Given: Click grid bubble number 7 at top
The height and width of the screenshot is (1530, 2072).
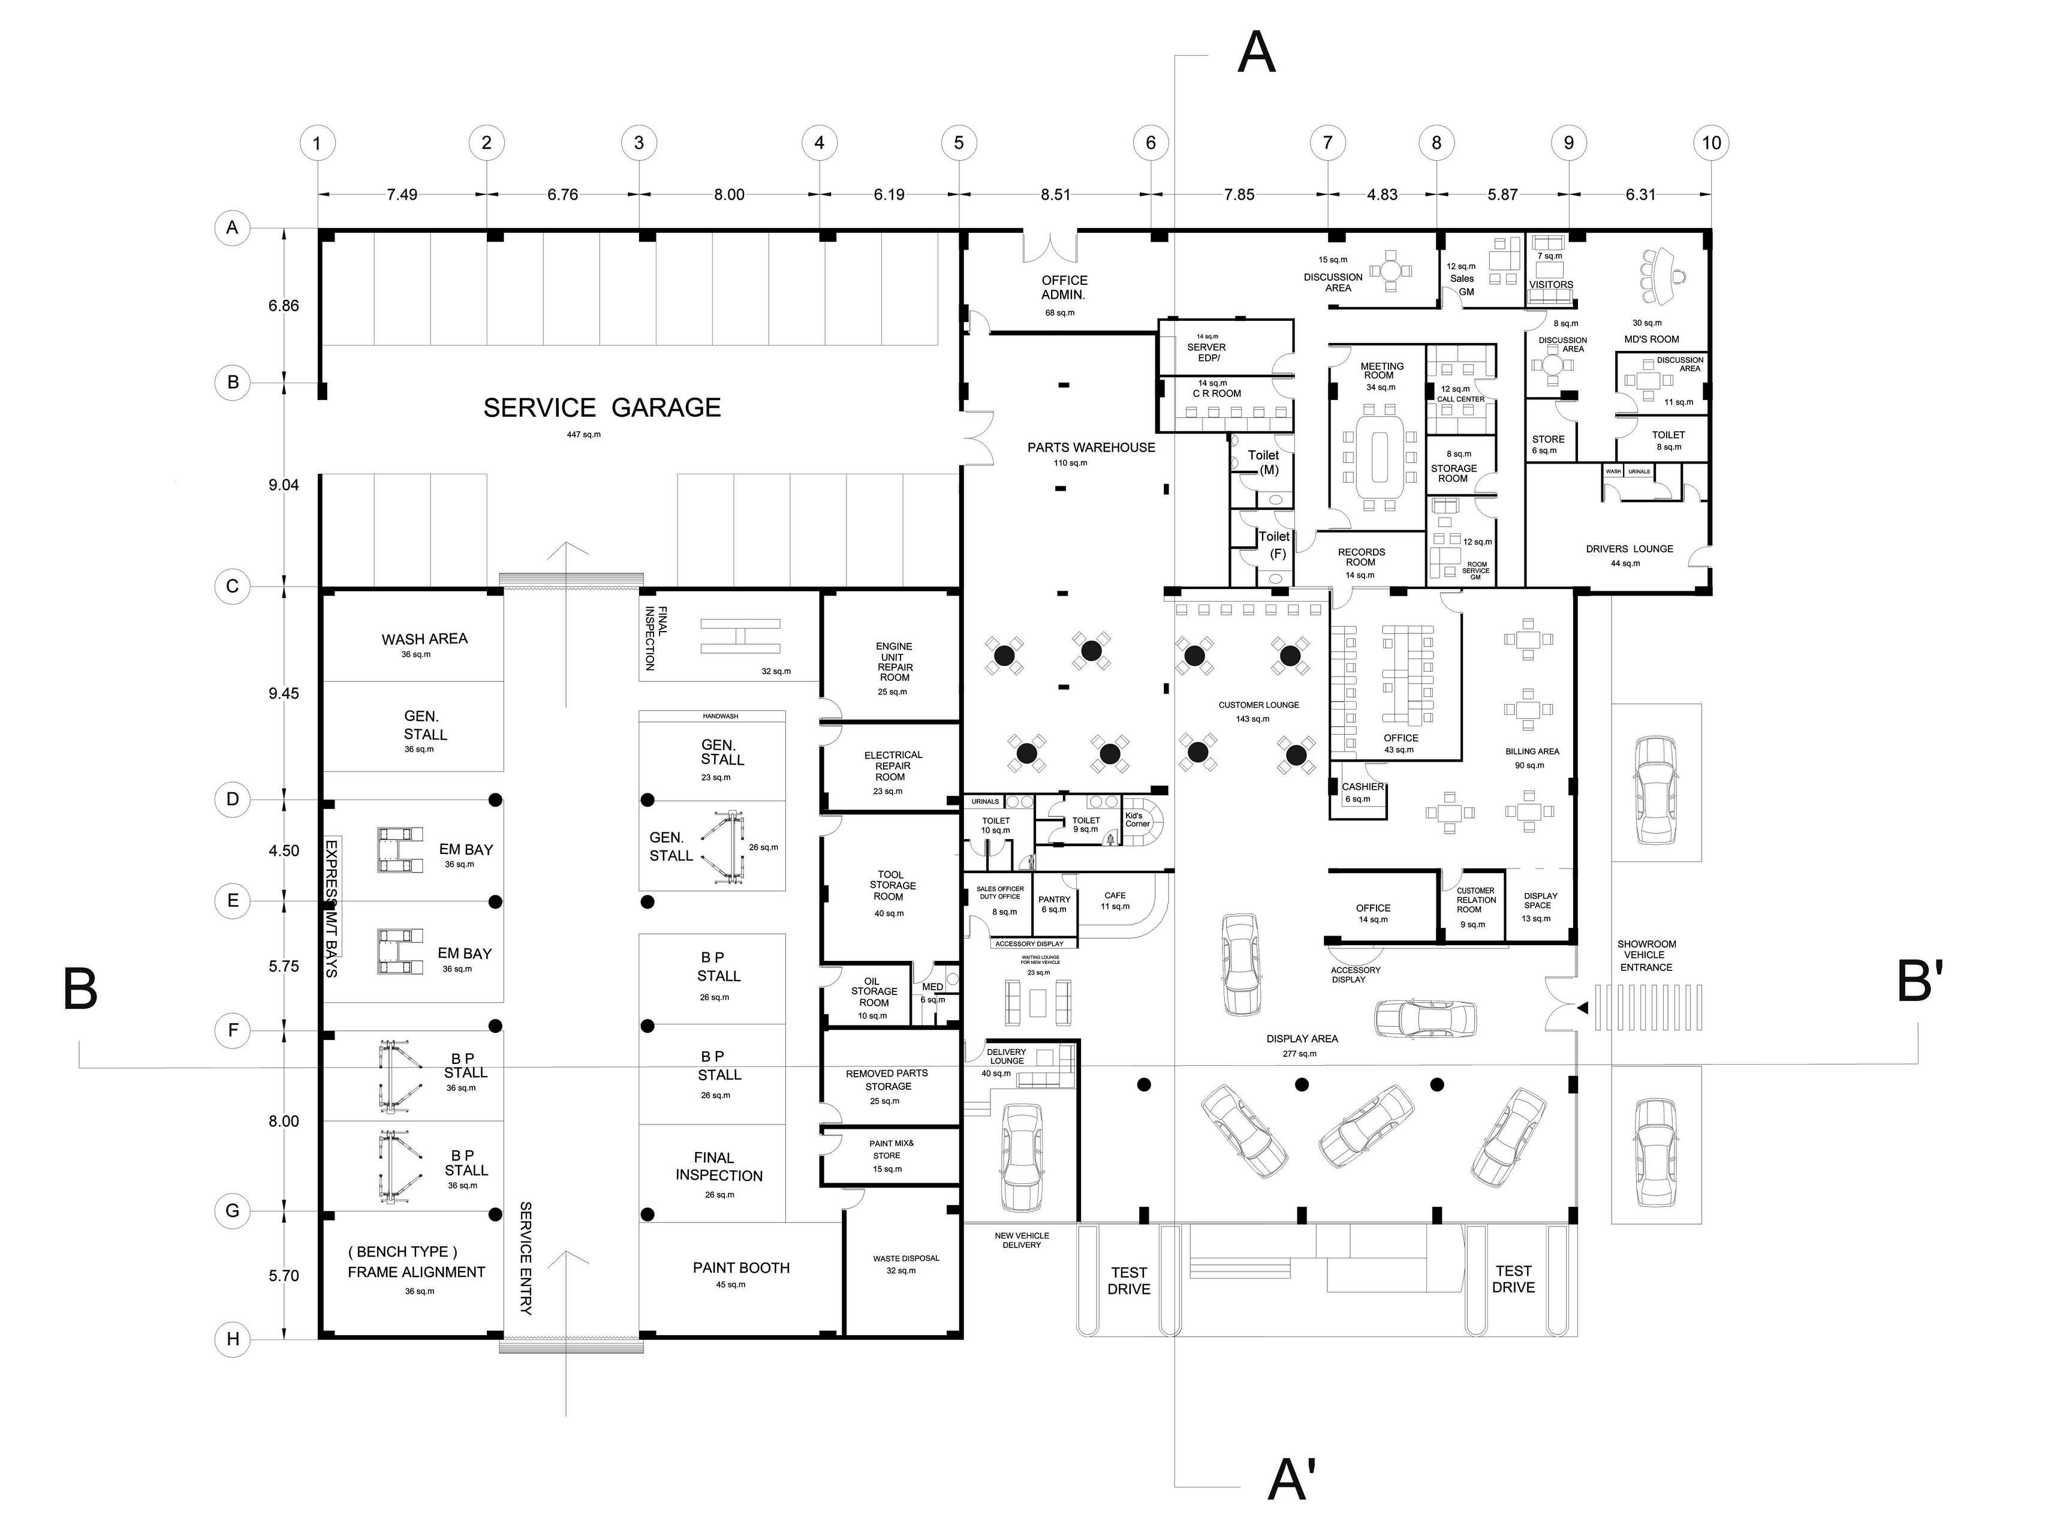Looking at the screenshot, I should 1327,143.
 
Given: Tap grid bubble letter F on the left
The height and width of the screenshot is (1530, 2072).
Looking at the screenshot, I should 233,1030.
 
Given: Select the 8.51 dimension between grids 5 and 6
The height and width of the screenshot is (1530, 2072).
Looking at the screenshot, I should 1055,194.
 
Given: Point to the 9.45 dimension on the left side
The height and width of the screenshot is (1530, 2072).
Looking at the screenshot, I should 284,694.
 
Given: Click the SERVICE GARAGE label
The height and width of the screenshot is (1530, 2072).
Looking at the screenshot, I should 602,407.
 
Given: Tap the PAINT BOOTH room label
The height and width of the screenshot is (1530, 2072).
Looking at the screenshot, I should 740,1268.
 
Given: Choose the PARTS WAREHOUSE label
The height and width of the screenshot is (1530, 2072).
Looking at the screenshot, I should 1091,447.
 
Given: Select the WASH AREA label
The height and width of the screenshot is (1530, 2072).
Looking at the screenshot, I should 424,639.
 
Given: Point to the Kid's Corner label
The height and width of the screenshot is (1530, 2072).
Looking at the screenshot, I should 1137,820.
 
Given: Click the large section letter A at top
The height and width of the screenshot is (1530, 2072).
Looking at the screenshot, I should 1257,53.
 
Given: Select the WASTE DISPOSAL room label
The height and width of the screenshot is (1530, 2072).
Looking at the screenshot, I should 905,1259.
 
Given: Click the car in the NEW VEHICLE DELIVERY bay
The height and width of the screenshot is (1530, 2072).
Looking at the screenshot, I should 1021,1158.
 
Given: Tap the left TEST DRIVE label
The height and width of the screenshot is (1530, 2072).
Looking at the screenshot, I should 1128,1281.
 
